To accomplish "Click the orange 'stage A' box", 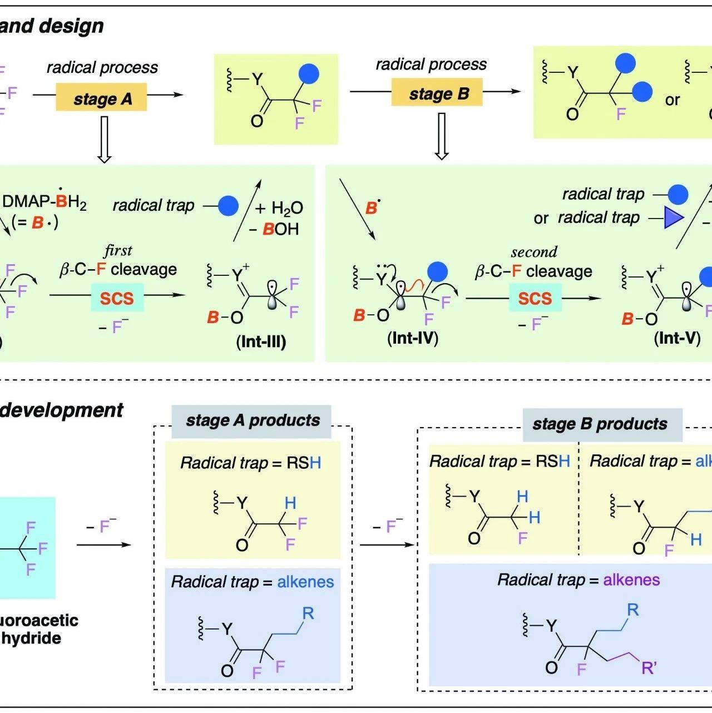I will (x=102, y=98).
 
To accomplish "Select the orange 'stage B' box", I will (x=438, y=93).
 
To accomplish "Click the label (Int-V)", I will (x=677, y=338).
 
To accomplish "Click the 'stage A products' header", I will (x=253, y=420).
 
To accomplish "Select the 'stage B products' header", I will (x=600, y=424).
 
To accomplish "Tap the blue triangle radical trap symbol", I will (x=673, y=218).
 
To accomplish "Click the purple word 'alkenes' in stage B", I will (x=631, y=580).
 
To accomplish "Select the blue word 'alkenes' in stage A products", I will (x=305, y=582).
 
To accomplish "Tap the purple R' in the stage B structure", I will (x=649, y=667).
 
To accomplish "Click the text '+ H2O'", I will (x=279, y=208).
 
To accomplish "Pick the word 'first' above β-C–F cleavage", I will (x=118, y=250).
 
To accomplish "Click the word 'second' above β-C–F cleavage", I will (x=534, y=252).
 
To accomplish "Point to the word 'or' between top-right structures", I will (x=672, y=100).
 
